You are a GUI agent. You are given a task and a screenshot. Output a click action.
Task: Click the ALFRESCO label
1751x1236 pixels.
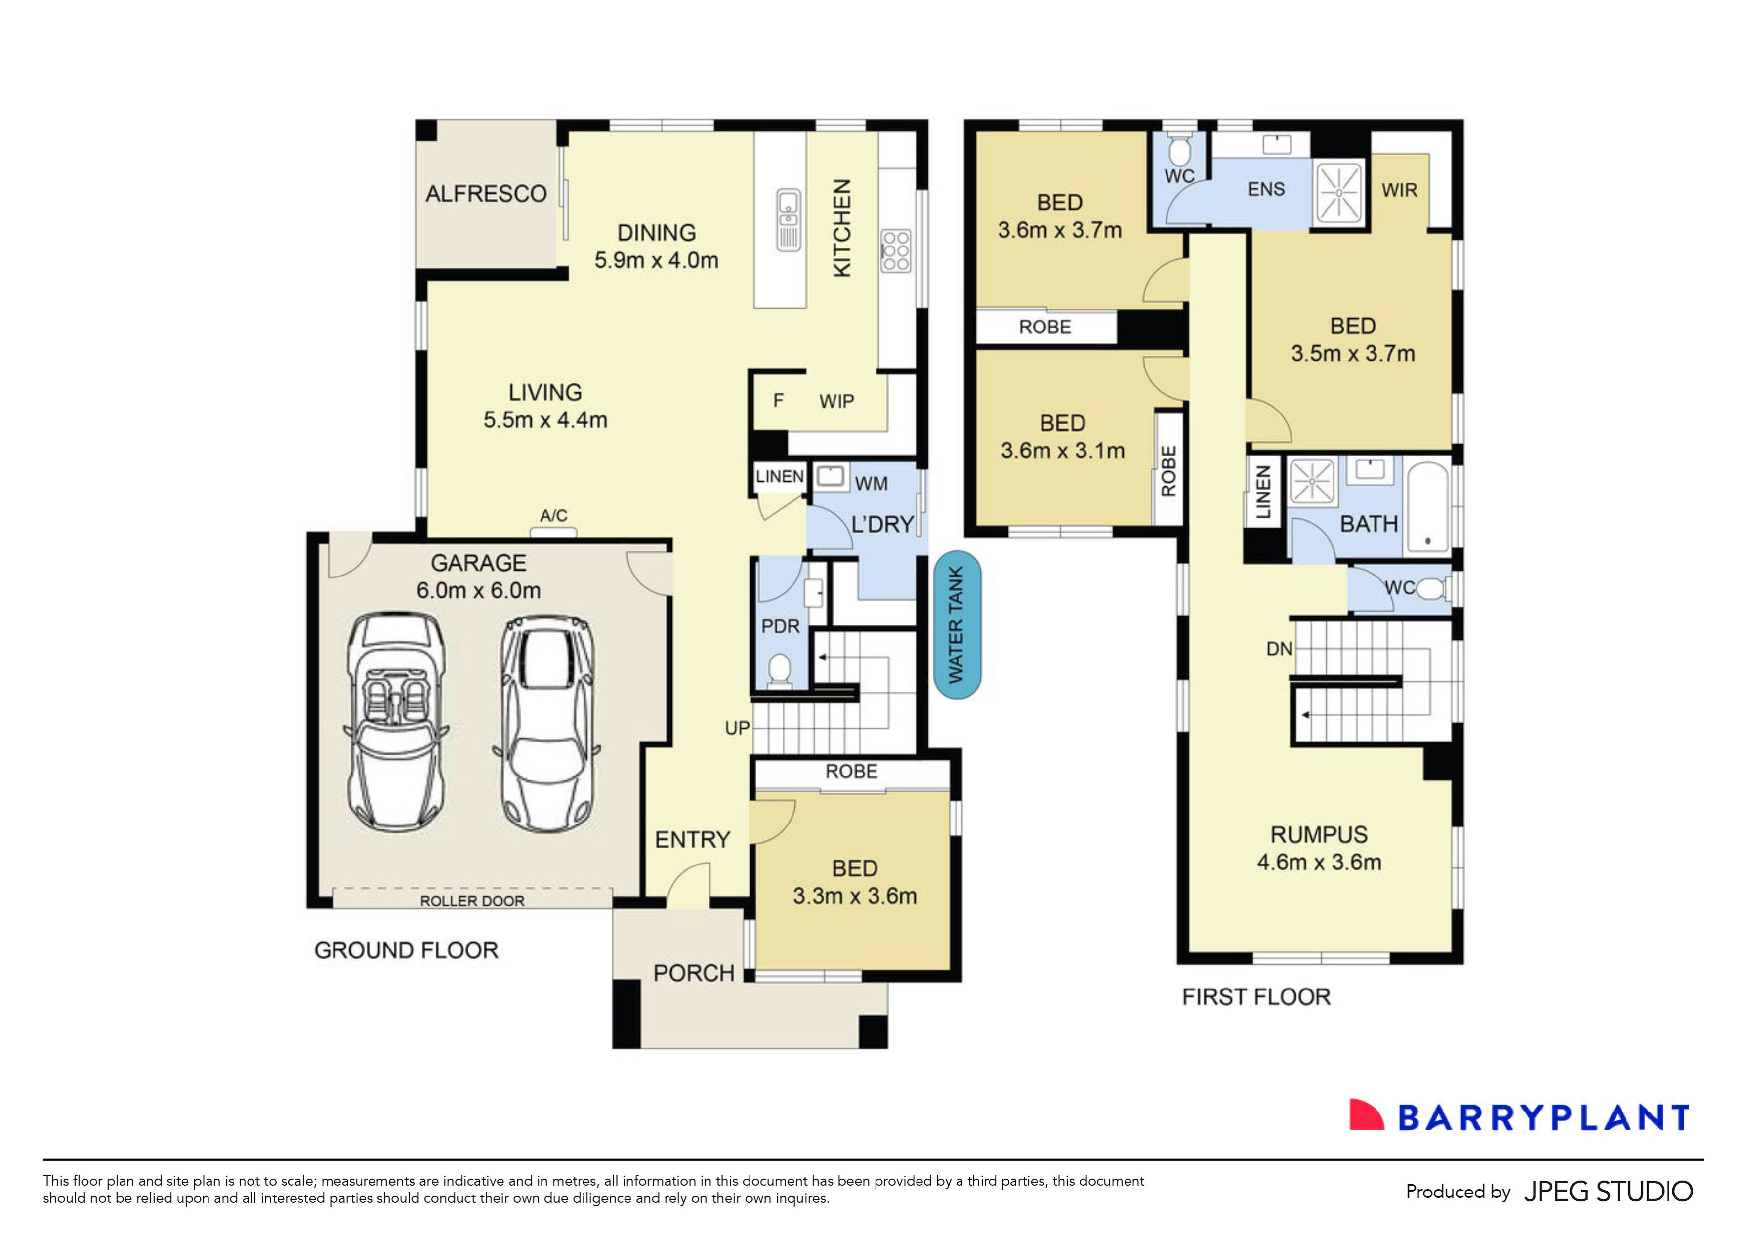486,194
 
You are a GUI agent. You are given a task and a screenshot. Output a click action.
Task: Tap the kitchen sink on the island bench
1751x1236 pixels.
789,220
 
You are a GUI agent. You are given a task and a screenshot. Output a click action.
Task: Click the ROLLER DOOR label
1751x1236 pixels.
472,901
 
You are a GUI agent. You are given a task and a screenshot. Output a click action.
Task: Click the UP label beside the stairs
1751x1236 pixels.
737,728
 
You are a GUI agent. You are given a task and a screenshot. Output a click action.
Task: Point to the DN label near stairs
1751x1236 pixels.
1279,649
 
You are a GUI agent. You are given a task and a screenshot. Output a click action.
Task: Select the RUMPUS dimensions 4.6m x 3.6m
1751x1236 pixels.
1319,863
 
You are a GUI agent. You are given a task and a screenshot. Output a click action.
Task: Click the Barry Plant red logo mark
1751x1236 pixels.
1365,1115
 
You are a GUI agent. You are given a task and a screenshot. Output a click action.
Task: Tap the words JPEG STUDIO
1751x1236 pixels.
1608,1192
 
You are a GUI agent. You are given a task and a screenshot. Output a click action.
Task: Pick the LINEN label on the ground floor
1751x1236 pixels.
779,477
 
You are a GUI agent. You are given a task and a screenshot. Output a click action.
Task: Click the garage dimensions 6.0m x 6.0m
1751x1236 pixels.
478,590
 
